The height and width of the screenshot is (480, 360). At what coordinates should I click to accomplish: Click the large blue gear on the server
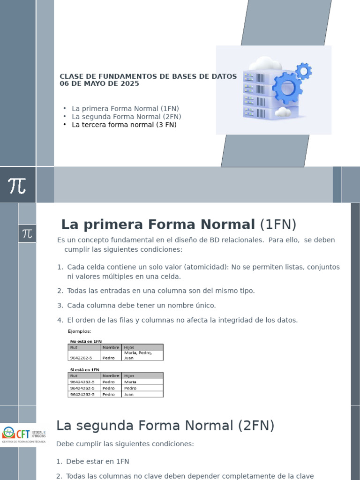tap(287, 88)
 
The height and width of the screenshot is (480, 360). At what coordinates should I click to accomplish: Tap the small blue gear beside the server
tap(304, 71)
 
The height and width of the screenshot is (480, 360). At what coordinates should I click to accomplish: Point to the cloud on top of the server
tap(265, 64)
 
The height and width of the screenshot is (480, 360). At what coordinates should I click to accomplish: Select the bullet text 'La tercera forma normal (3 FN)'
tap(124, 125)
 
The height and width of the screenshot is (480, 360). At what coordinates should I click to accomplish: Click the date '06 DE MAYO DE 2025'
tap(99, 84)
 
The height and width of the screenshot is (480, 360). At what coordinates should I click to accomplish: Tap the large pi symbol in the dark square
tap(17, 185)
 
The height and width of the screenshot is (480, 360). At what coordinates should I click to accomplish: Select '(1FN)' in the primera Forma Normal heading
tap(278, 225)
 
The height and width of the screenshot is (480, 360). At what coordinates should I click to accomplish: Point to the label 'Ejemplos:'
tap(80, 331)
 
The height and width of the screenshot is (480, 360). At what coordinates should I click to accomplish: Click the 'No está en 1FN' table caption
tap(86, 341)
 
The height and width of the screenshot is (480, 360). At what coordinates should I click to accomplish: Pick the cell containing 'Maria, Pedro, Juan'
tap(138, 355)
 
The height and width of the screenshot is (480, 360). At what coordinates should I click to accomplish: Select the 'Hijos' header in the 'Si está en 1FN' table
tap(129, 375)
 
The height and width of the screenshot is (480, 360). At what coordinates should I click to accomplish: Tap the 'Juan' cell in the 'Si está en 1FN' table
tap(129, 394)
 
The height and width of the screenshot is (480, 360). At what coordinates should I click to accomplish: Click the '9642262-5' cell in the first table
tap(81, 358)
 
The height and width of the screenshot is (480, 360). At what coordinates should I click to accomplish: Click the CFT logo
tap(23, 434)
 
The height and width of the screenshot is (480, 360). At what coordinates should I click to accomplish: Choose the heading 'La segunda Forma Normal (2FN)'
tap(165, 426)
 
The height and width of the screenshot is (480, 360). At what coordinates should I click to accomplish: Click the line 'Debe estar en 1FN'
tap(97, 461)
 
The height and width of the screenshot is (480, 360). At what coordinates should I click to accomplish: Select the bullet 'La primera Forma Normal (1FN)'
tap(126, 108)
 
